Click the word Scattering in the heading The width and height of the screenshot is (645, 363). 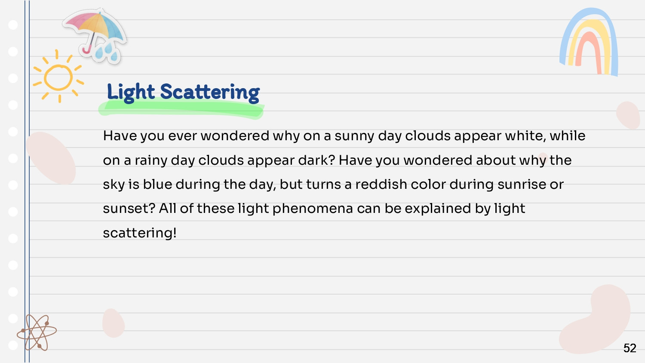tap(210, 92)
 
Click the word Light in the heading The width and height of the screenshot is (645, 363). tap(131, 92)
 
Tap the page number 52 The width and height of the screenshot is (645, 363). tap(630, 348)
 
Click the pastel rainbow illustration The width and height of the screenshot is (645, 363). tap(589, 42)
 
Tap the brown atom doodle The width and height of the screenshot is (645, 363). tap(37, 333)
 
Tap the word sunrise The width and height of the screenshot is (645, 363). tap(522, 185)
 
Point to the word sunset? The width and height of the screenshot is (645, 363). tap(129, 209)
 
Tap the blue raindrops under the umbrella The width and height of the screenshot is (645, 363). tap(107, 52)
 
